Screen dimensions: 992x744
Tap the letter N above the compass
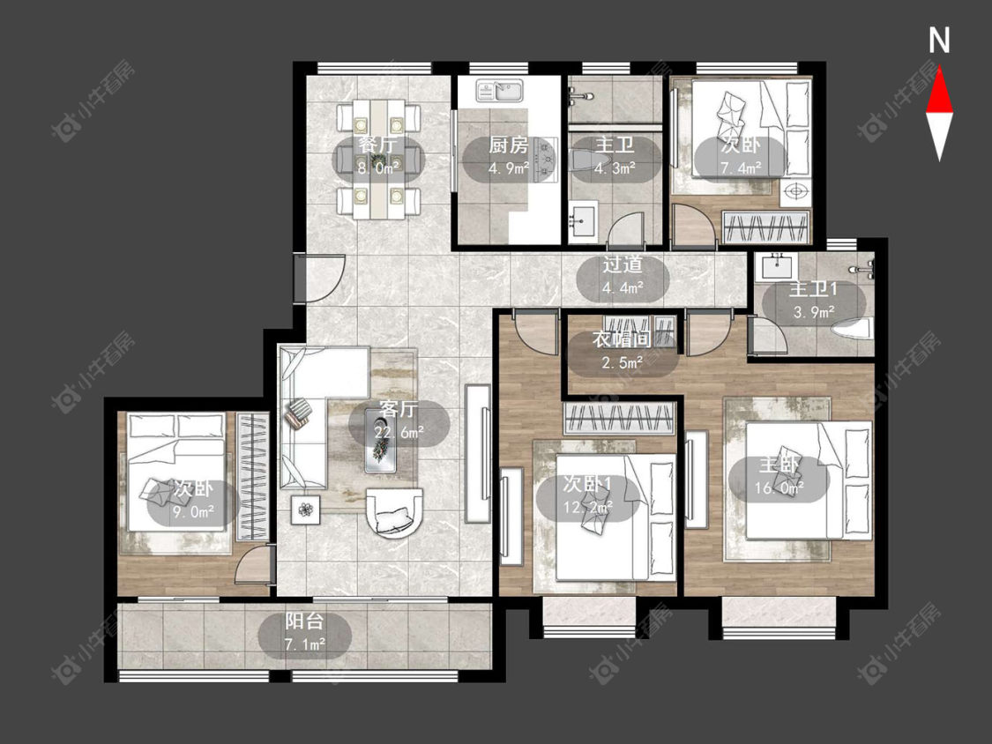(x=939, y=41)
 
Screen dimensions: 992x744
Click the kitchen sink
(x=499, y=91)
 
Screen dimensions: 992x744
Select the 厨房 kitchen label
(x=508, y=145)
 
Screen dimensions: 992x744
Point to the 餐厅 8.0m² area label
(x=378, y=156)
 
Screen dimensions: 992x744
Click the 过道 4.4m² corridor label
(x=623, y=276)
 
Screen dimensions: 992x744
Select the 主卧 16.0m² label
(x=779, y=477)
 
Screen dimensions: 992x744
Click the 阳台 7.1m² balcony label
(x=305, y=633)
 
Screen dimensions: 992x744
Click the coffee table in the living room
(x=381, y=441)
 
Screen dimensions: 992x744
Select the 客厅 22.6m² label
(x=399, y=421)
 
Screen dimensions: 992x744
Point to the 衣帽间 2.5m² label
(x=622, y=351)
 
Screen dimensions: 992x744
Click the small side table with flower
(x=306, y=510)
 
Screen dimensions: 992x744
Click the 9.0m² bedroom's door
(x=254, y=565)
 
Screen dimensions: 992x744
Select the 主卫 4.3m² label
(x=615, y=156)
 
